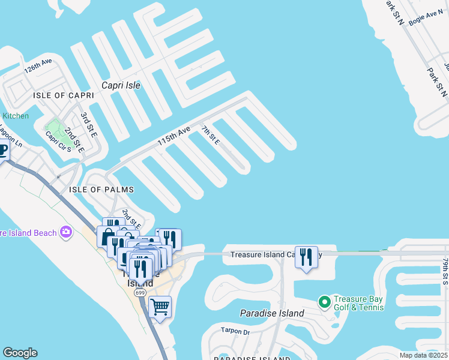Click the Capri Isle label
(121, 85)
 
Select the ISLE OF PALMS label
(101, 190)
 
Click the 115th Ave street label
(173, 136)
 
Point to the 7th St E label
(211, 135)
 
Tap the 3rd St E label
(88, 121)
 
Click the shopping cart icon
(160, 307)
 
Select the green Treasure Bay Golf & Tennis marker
(324, 301)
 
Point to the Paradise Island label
(272, 313)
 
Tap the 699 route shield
(140, 292)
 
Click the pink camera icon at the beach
(66, 232)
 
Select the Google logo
(20, 353)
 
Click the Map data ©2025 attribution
(423, 355)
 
